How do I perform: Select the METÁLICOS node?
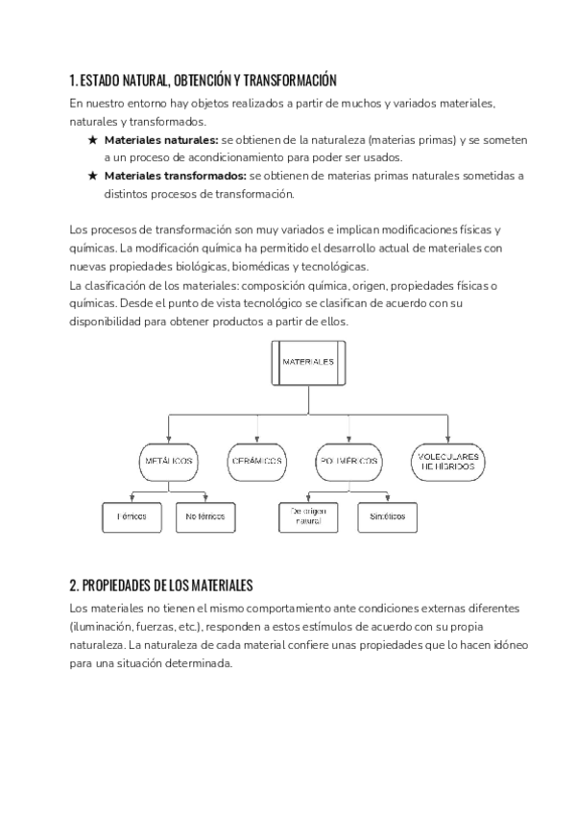[x=168, y=461]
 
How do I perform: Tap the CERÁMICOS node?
[x=256, y=461]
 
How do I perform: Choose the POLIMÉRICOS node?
[x=347, y=461]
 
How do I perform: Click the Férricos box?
[x=132, y=516]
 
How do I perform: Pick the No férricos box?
[x=204, y=516]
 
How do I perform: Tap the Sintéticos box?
[x=387, y=516]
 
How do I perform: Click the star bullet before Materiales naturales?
[x=91, y=140]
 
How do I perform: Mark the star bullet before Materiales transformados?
[x=91, y=176]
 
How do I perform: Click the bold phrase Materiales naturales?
[x=161, y=140]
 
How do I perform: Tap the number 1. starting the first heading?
[x=74, y=80]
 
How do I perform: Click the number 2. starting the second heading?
[x=75, y=584]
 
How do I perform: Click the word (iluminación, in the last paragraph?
[x=105, y=627]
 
